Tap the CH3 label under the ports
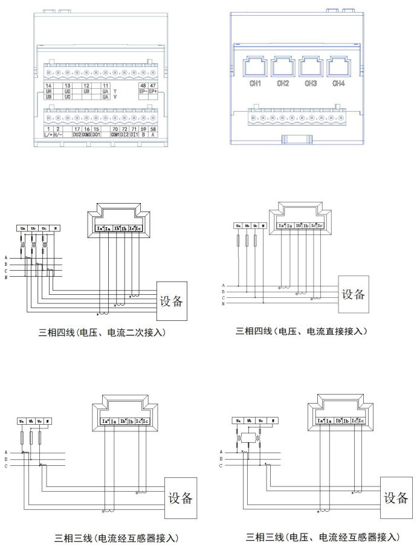pos(311,83)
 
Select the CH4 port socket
pos(338,66)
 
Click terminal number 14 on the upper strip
pos(48,86)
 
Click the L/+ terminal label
pos(48,134)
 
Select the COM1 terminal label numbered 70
pos(115,134)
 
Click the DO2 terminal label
pos(77,134)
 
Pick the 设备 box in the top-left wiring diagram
pos(173,301)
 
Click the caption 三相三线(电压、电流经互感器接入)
pos(323,537)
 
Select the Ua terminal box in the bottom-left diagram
pos(21,421)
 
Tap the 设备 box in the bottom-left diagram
pos(179,498)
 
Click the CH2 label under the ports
pos(283,83)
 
